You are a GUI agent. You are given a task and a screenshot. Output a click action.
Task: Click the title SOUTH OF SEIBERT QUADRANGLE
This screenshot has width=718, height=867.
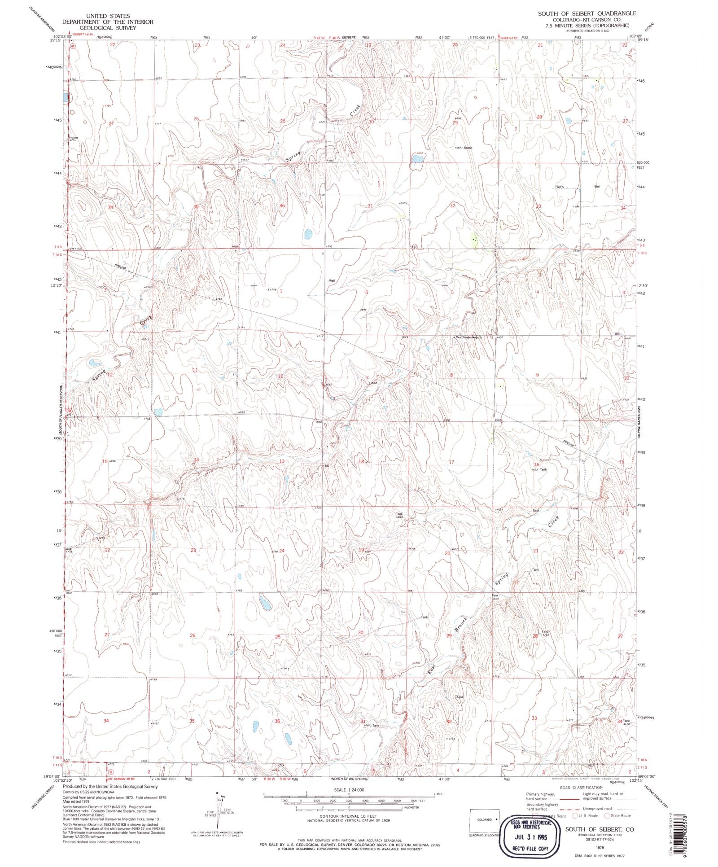point(587,13)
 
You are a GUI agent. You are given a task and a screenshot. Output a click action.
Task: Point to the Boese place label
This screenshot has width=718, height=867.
point(468,148)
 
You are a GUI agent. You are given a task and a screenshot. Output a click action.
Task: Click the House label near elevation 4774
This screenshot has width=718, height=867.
point(74,137)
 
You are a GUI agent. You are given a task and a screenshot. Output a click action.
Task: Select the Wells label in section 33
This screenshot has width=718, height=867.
point(560,187)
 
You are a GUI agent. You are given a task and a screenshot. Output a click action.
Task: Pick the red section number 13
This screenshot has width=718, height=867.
point(282,461)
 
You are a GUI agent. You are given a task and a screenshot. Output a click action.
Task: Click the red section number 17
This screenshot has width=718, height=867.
point(451,462)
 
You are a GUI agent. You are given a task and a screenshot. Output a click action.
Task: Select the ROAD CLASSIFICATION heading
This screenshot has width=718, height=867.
point(581,788)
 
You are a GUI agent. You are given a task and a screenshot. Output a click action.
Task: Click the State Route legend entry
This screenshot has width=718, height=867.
point(620,815)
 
